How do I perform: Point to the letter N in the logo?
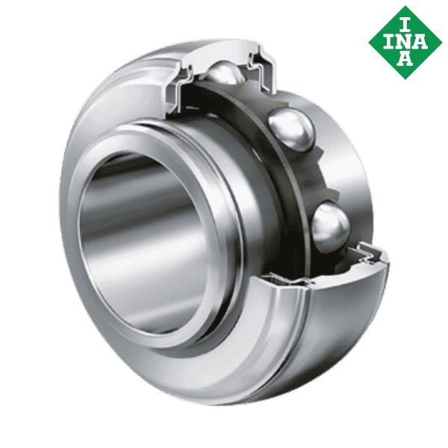[404, 41]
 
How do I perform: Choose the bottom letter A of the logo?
[404, 60]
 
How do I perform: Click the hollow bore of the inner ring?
[142, 239]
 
